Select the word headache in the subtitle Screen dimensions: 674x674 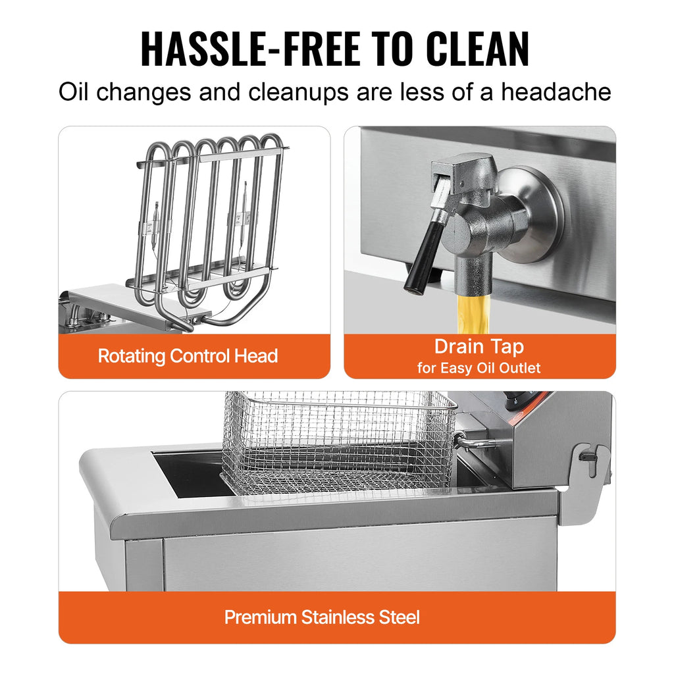point(556,91)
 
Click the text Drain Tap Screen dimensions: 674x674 point(479,347)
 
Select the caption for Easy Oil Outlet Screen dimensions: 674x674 point(479,368)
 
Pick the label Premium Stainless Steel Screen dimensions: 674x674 point(322,617)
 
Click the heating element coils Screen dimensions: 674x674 point(211,217)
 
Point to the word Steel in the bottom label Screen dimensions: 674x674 point(398,617)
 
